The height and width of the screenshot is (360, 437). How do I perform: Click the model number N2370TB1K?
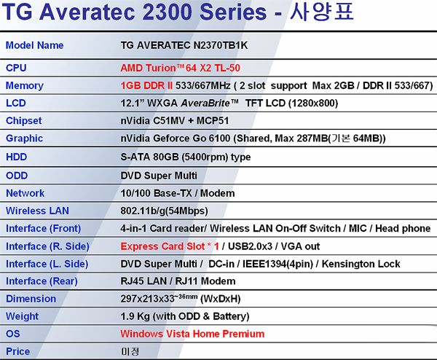(x=221, y=45)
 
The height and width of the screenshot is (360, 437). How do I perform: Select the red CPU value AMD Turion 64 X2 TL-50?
(x=181, y=68)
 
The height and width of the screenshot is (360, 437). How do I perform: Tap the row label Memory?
(x=25, y=85)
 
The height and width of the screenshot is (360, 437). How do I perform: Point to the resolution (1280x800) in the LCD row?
(x=313, y=103)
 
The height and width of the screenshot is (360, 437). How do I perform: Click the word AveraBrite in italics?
(x=205, y=103)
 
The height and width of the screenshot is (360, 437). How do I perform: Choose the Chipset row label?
(x=24, y=121)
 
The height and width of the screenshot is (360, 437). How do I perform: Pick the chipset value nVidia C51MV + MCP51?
(x=175, y=121)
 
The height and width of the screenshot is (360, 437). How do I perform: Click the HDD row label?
(x=17, y=157)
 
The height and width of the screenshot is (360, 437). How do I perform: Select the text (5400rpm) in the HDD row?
(x=205, y=157)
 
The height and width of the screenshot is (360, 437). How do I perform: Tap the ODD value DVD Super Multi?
(x=159, y=176)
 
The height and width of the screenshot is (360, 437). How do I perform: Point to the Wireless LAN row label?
(x=37, y=211)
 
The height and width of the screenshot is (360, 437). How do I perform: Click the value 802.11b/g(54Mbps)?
(x=164, y=211)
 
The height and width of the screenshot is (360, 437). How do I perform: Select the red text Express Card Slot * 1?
(x=170, y=246)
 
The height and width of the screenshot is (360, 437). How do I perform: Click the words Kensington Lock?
(x=361, y=264)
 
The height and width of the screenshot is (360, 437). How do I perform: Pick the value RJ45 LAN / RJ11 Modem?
(x=178, y=281)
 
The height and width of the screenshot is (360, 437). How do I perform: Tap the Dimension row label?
(x=31, y=299)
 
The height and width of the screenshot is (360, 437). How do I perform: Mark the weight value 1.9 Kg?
(x=135, y=316)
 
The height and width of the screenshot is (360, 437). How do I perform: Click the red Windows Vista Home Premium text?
(x=192, y=334)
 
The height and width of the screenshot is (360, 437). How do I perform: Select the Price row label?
(x=17, y=351)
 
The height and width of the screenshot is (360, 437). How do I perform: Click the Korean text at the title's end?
(x=322, y=12)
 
